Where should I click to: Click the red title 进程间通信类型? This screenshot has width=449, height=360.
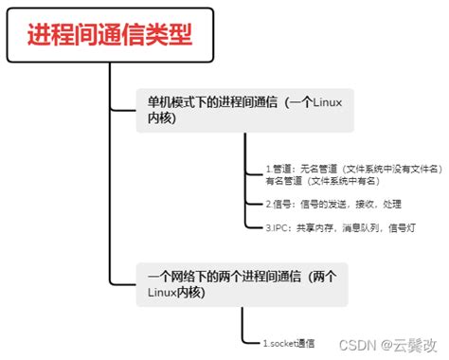[x=110, y=35]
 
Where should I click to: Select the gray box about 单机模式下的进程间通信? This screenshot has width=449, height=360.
[x=243, y=110]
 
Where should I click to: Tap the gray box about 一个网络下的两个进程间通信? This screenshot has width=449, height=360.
[x=243, y=283]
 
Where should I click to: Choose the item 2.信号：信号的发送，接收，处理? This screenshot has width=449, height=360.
[x=333, y=204]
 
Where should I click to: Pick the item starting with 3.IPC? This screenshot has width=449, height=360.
[x=340, y=227]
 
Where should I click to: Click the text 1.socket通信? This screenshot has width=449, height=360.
[x=290, y=343]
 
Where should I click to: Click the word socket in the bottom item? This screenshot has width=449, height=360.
[x=285, y=343]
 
